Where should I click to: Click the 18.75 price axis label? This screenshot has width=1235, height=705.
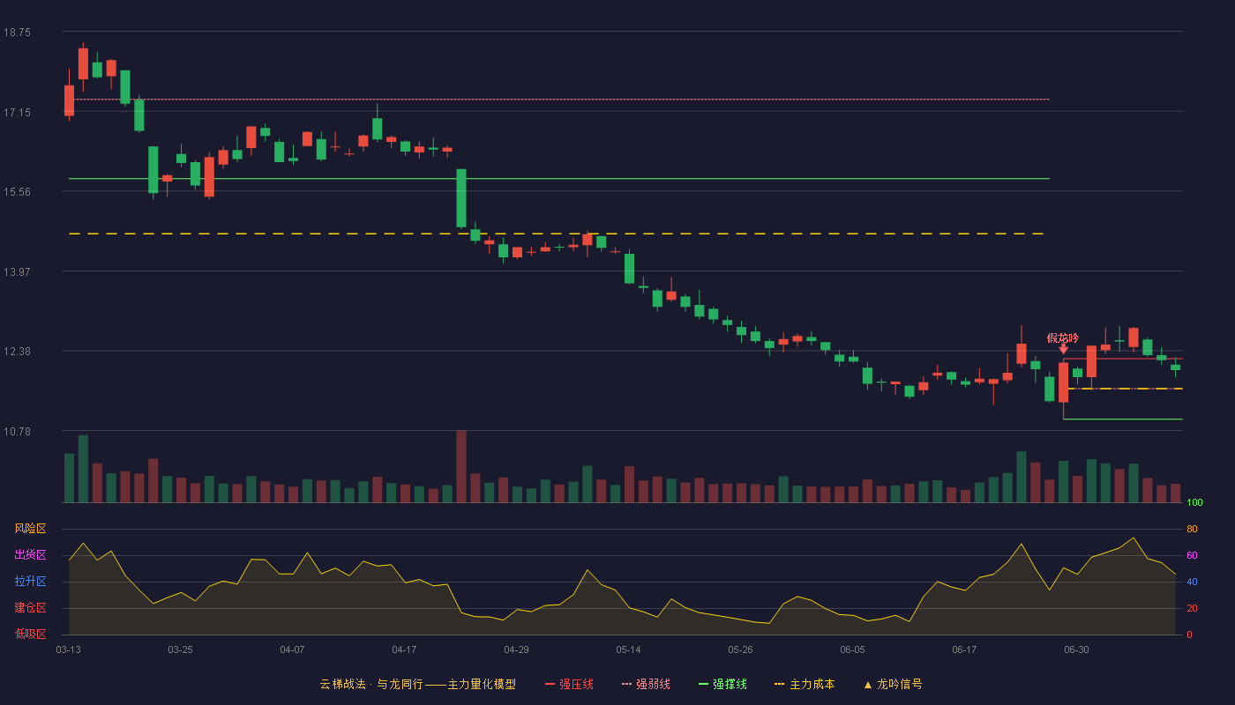pyautogui.click(x=17, y=33)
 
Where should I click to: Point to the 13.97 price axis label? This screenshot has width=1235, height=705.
pyautogui.click(x=17, y=272)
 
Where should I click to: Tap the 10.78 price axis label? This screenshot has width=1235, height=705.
pyautogui.click(x=17, y=432)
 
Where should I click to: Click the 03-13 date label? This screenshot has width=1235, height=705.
pyautogui.click(x=69, y=650)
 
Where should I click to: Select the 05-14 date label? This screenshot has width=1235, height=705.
pyautogui.click(x=628, y=650)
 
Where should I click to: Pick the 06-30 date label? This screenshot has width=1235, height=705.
pyautogui.click(x=1077, y=650)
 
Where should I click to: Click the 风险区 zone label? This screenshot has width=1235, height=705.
pyautogui.click(x=30, y=529)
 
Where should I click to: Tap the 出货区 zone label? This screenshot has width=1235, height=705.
pyautogui.click(x=30, y=555)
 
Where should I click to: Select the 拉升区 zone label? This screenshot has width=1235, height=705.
pyautogui.click(x=30, y=582)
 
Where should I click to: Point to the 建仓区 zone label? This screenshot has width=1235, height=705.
pyautogui.click(x=30, y=608)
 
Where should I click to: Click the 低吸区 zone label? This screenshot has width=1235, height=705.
pyautogui.click(x=30, y=634)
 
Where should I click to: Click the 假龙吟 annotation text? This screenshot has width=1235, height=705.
pyautogui.click(x=1062, y=338)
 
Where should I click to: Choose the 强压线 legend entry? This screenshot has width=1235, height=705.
pyautogui.click(x=570, y=685)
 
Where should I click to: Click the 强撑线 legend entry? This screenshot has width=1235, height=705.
pyautogui.click(x=722, y=685)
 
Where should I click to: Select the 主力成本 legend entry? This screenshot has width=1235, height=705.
pyautogui.click(x=805, y=685)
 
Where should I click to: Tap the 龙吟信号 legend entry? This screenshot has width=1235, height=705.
pyautogui.click(x=893, y=685)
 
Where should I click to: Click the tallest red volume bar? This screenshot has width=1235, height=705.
pyautogui.click(x=461, y=466)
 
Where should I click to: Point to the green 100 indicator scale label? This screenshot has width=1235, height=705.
pyautogui.click(x=1194, y=503)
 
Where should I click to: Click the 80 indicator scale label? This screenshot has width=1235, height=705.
pyautogui.click(x=1192, y=530)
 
